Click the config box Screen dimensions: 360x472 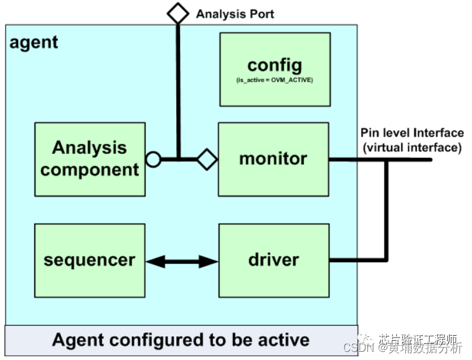[x=275, y=69]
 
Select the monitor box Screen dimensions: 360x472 [x=273, y=159]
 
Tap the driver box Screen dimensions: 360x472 [x=273, y=260]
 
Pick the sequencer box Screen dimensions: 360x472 [x=90, y=260]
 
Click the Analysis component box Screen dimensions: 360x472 [x=90, y=159]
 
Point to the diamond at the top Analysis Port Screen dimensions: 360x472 [x=178, y=13]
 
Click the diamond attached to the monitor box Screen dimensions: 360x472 [x=207, y=159]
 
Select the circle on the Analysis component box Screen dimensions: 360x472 [x=153, y=159]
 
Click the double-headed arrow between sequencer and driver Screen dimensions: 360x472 [x=182, y=261]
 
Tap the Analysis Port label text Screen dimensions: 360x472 [x=235, y=14]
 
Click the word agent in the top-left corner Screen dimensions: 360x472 [x=34, y=42]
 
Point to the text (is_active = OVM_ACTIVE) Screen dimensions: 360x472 [x=275, y=81]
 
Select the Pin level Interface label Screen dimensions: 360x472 [x=412, y=133]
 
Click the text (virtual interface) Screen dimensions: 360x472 [x=412, y=147]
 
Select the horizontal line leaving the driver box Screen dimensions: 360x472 [x=357, y=260]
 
